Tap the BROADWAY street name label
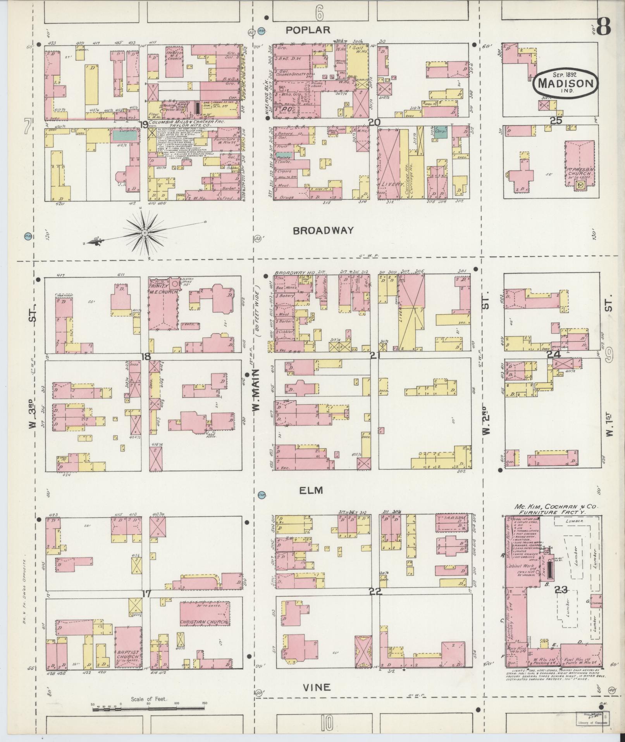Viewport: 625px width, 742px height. [x=323, y=230]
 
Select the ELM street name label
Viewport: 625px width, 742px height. [x=312, y=491]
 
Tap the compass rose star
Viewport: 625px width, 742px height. [x=145, y=233]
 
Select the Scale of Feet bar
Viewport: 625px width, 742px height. [x=148, y=708]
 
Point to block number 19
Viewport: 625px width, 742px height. [x=143, y=125]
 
